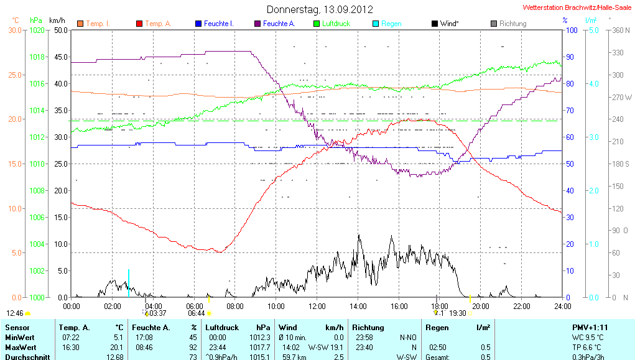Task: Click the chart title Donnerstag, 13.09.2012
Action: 320,9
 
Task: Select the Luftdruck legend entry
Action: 335,24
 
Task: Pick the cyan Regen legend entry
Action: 391,24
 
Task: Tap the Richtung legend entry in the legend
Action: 512,24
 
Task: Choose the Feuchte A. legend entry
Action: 279,24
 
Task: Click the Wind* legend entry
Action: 450,24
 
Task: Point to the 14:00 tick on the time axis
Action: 358,306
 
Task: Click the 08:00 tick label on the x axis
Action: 235,306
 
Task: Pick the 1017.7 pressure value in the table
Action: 261,347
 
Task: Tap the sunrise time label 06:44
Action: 196,313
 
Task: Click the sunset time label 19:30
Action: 458,313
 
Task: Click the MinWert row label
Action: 20,337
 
